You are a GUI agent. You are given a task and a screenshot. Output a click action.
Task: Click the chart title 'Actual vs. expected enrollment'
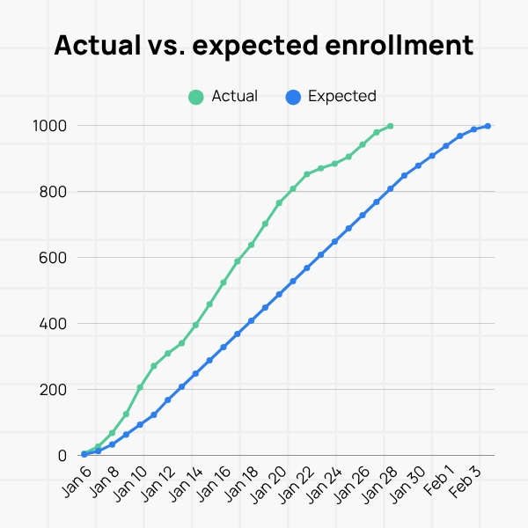264,46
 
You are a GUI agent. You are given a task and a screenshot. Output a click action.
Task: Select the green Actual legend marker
196,97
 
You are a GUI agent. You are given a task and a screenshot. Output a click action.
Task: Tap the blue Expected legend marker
293,97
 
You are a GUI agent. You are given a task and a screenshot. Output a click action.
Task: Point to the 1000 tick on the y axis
50,126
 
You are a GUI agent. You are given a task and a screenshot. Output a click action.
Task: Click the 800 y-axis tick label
55,192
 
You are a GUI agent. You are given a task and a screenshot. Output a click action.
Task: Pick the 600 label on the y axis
55,258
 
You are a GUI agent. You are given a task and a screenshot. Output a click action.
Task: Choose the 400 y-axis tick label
55,324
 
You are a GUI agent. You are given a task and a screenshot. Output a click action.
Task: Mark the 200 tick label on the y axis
55,390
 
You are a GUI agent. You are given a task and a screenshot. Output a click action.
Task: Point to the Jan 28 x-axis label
378,484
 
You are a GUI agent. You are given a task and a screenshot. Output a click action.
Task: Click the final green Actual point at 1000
390,126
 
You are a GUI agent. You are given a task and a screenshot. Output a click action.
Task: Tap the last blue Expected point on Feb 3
488,126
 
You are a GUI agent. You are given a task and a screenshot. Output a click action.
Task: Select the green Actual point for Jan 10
140,387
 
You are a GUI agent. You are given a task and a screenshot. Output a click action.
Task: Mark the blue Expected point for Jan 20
279,294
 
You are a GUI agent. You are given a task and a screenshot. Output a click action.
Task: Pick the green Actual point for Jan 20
279,202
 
